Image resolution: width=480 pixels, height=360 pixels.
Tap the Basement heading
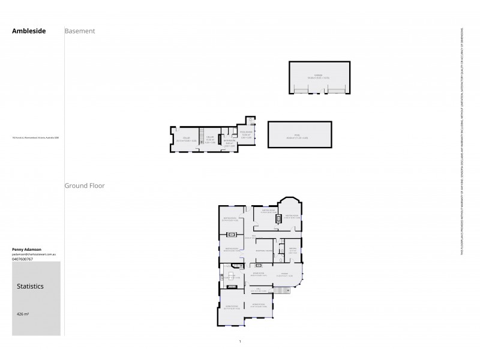coord(80,31)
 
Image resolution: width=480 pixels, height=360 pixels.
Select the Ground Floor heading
coord(85,186)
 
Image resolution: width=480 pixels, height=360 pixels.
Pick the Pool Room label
coord(246,134)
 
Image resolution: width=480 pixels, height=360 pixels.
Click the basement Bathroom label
coord(229,143)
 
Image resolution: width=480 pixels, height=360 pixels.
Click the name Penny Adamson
coord(27,248)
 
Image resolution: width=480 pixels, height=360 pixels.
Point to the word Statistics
coord(30,286)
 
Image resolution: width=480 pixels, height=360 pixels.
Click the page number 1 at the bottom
coord(240,342)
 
